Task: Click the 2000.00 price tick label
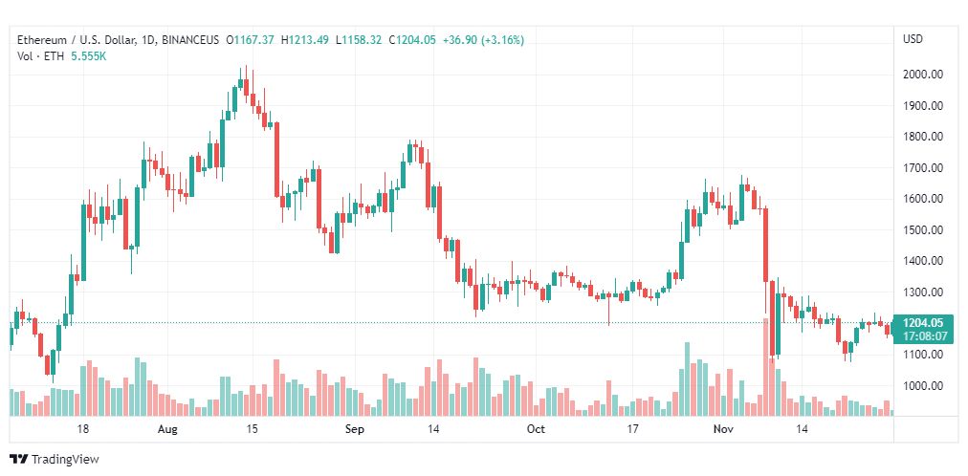coord(923,75)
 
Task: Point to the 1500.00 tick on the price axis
coord(923,230)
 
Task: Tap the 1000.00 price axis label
coord(923,386)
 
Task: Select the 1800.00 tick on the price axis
coord(923,137)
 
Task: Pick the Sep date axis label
coord(355,430)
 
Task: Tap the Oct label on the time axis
coord(536,430)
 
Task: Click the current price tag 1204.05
coord(923,323)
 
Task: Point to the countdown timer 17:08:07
coord(923,336)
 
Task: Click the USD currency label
coord(913,39)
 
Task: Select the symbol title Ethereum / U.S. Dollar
coord(73,40)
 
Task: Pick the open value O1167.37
coord(251,40)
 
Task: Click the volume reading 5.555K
coord(89,56)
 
